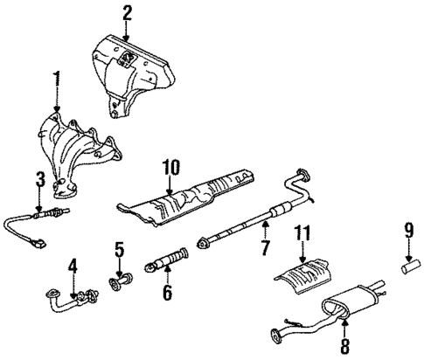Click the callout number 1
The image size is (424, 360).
pyautogui.click(x=58, y=82)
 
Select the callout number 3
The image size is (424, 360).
pyautogui.click(x=38, y=181)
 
